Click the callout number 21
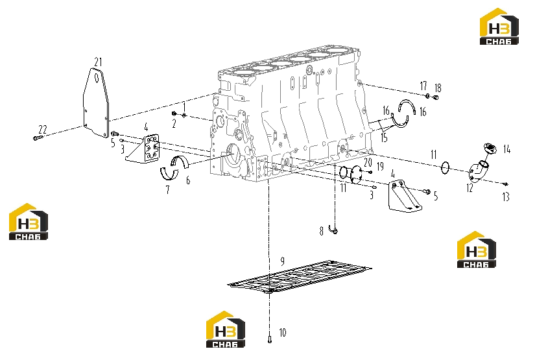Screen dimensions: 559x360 click(98, 62)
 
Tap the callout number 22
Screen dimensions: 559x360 click(42, 129)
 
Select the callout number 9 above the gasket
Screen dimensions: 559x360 click(282, 261)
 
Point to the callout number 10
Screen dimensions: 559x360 click(282, 333)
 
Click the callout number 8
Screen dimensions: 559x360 click(321, 231)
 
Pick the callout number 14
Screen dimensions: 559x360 click(506, 149)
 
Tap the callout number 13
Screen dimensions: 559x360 click(506, 197)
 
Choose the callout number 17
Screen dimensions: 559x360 click(423, 86)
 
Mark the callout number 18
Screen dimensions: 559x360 click(438, 88)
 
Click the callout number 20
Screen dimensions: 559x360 click(368, 163)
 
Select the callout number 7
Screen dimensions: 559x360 click(167, 190)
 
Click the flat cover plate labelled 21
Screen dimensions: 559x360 click(96, 102)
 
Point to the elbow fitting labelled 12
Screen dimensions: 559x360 click(478, 171)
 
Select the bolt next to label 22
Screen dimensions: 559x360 click(38, 138)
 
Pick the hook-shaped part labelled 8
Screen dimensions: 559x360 click(333, 230)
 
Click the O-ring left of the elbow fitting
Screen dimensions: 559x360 click(446, 167)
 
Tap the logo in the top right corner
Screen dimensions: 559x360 click(499, 27)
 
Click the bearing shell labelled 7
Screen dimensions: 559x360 click(169, 174)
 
